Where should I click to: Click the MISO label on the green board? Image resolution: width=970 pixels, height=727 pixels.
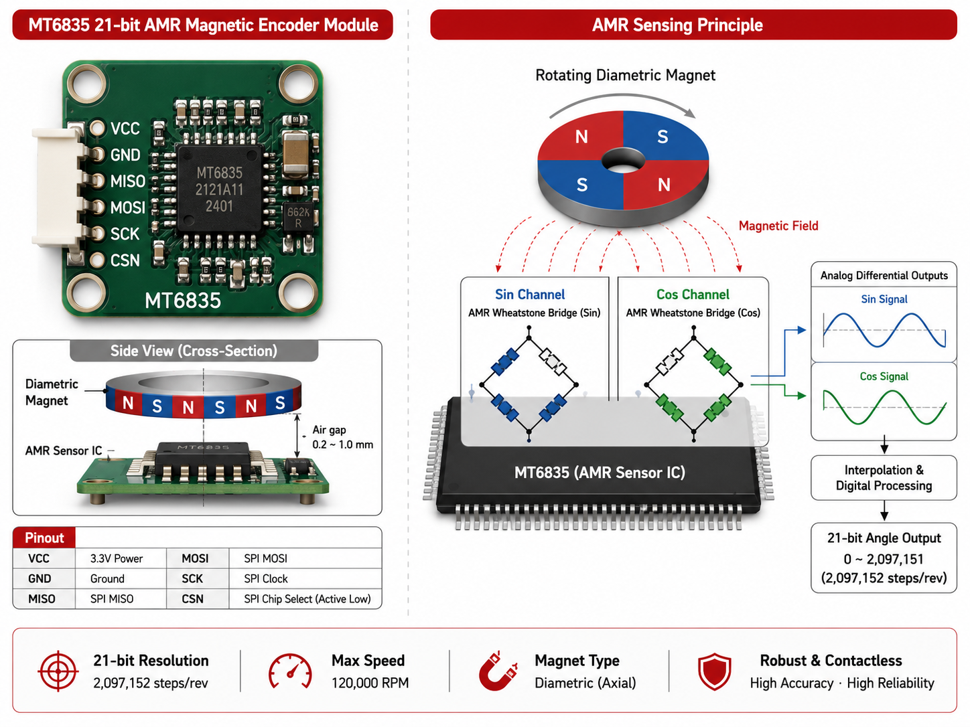click(128, 181)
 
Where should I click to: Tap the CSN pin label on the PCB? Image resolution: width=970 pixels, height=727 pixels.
click(125, 260)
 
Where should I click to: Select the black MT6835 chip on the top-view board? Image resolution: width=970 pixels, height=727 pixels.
click(220, 189)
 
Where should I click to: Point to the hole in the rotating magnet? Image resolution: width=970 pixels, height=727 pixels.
click(623, 161)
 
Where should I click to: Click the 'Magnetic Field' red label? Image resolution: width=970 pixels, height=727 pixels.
click(778, 226)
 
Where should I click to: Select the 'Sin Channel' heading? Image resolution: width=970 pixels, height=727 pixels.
click(530, 295)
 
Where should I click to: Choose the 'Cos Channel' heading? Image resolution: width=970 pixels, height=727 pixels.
click(693, 295)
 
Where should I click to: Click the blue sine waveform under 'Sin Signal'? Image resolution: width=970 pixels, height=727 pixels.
click(884, 330)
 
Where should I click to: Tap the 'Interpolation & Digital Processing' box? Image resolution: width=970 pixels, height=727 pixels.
click(884, 477)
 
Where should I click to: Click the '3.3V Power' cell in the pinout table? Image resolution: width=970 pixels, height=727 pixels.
click(117, 559)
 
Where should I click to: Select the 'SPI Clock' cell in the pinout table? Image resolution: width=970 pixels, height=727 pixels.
click(265, 578)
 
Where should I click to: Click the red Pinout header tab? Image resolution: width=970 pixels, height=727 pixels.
click(44, 538)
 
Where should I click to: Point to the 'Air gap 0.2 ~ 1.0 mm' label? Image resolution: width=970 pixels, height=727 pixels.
click(342, 437)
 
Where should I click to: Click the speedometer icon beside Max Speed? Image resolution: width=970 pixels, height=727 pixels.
click(290, 671)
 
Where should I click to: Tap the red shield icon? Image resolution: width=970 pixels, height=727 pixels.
click(714, 671)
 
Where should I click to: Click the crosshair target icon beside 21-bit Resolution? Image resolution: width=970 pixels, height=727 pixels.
click(58, 671)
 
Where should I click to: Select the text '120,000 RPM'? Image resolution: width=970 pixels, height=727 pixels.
click(370, 683)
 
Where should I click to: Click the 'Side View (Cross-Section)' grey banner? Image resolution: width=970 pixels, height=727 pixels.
click(194, 351)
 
